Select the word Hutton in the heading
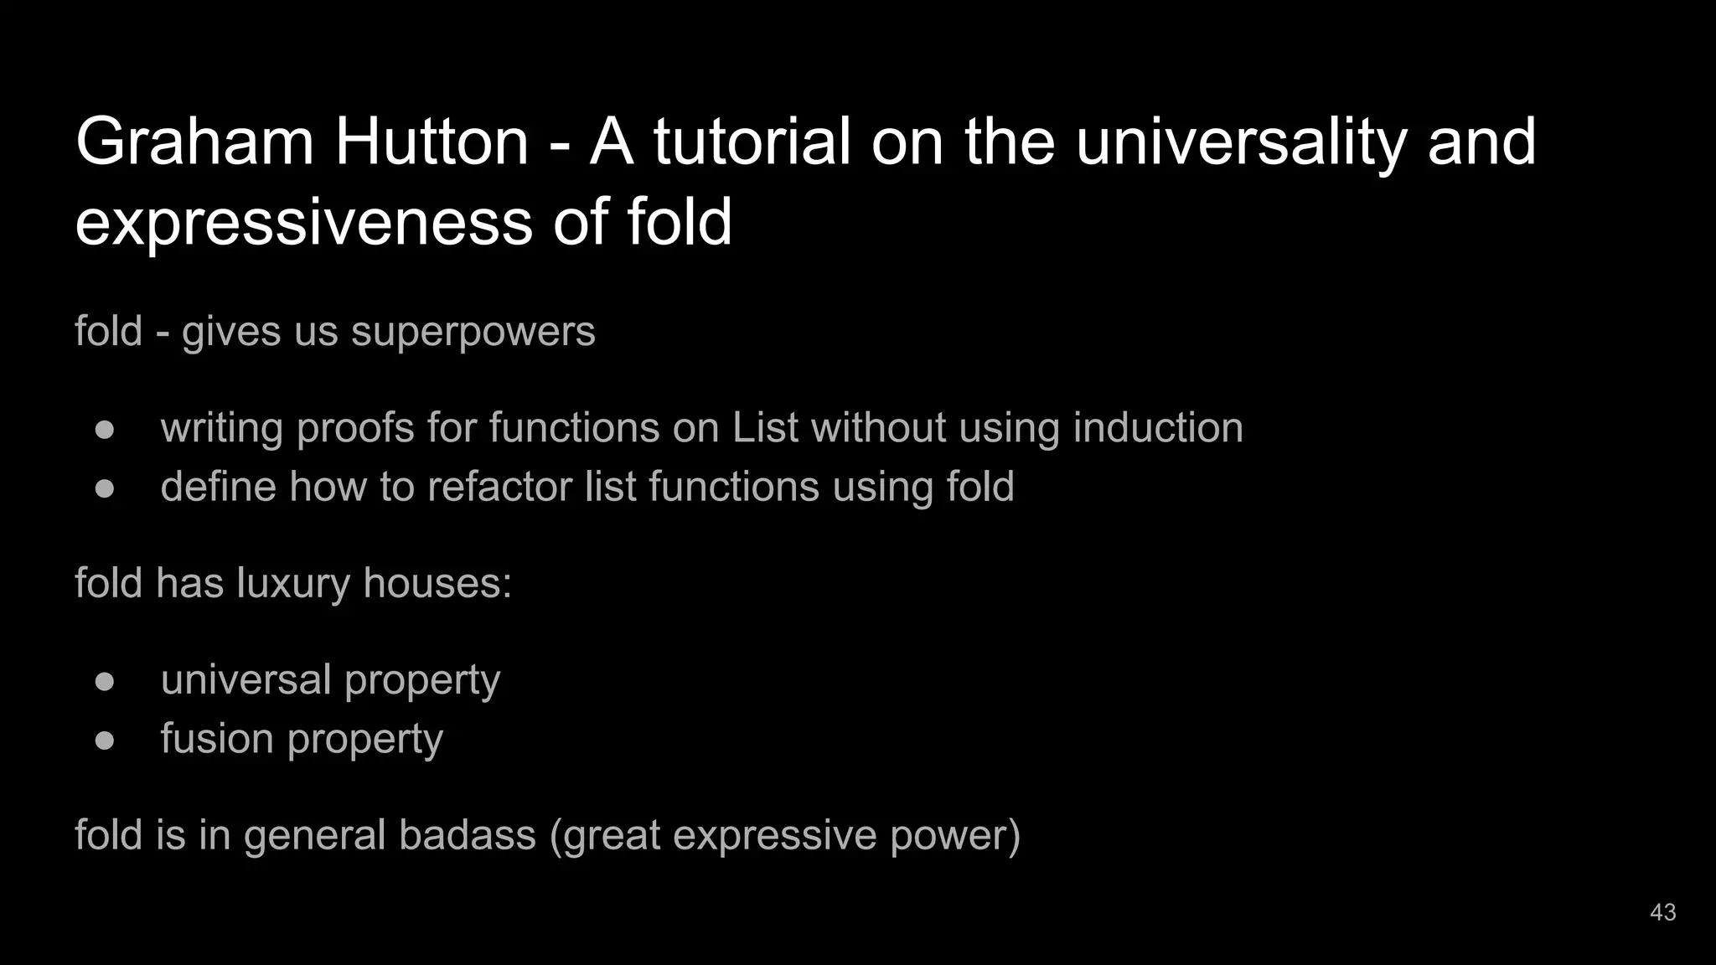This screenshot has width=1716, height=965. point(432,142)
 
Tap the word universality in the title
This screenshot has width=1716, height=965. point(1240,142)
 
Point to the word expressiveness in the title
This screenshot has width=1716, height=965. point(303,223)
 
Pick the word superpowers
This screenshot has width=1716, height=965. point(473,332)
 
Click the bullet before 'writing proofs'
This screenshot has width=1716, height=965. point(105,429)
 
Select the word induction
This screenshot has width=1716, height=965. point(1158,428)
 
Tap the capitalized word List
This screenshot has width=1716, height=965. point(765,428)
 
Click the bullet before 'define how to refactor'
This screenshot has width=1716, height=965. point(105,488)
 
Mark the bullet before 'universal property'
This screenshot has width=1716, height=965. point(105,681)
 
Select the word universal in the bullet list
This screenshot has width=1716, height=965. point(246,680)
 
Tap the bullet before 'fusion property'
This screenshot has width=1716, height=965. point(105,741)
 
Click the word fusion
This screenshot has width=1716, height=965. point(217,739)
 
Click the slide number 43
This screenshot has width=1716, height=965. point(1662,912)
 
